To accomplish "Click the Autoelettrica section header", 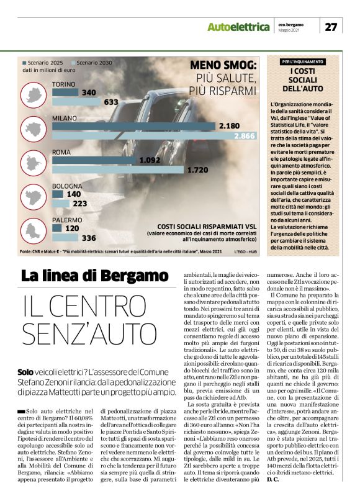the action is [x=239, y=27].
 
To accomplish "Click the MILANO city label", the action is [x=64, y=118].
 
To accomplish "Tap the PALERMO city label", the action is [x=67, y=220].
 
